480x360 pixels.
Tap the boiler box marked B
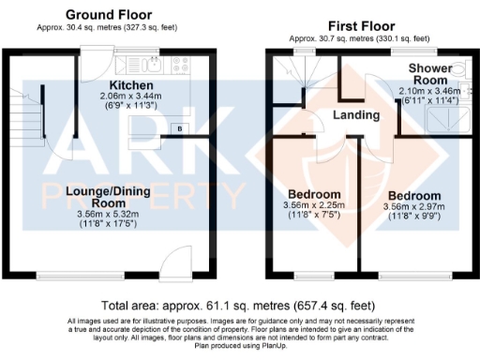[178, 127]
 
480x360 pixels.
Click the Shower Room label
[432, 74]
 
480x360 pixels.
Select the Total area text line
[239, 305]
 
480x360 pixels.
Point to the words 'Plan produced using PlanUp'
[239, 345]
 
